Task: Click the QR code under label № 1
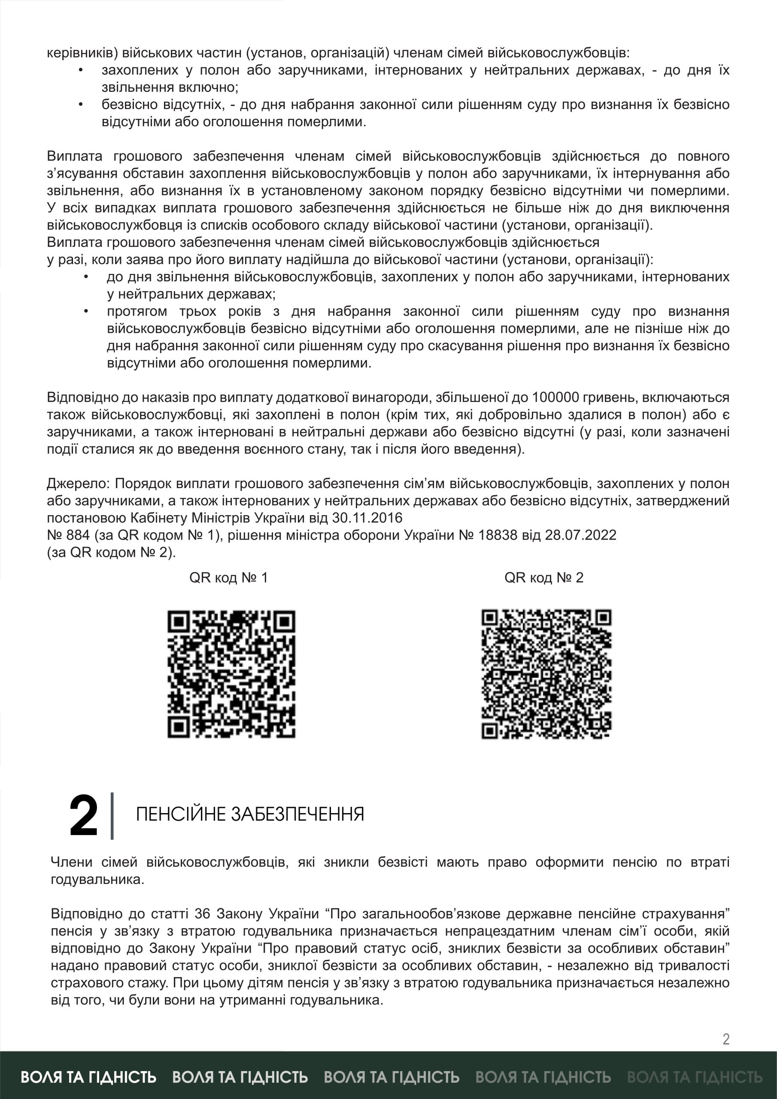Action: coord(231,674)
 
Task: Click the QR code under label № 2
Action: coord(546,674)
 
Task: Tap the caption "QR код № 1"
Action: coord(228,578)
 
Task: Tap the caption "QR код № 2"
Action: coord(544,578)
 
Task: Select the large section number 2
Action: coord(83,816)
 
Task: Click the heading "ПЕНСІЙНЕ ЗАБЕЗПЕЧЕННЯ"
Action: coord(250,814)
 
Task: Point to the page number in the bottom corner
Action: coord(726,1039)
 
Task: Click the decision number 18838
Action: coord(498,535)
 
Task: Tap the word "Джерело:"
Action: coord(79,483)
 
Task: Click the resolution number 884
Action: coord(78,535)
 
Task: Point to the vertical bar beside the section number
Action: coord(112,816)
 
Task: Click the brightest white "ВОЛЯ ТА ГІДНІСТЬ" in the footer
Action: coord(88,1077)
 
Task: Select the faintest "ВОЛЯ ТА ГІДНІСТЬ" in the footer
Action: coord(694,1077)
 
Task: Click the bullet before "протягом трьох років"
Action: coord(86,311)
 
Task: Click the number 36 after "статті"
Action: coord(202,914)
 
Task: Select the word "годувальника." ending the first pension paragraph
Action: coord(97,879)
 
